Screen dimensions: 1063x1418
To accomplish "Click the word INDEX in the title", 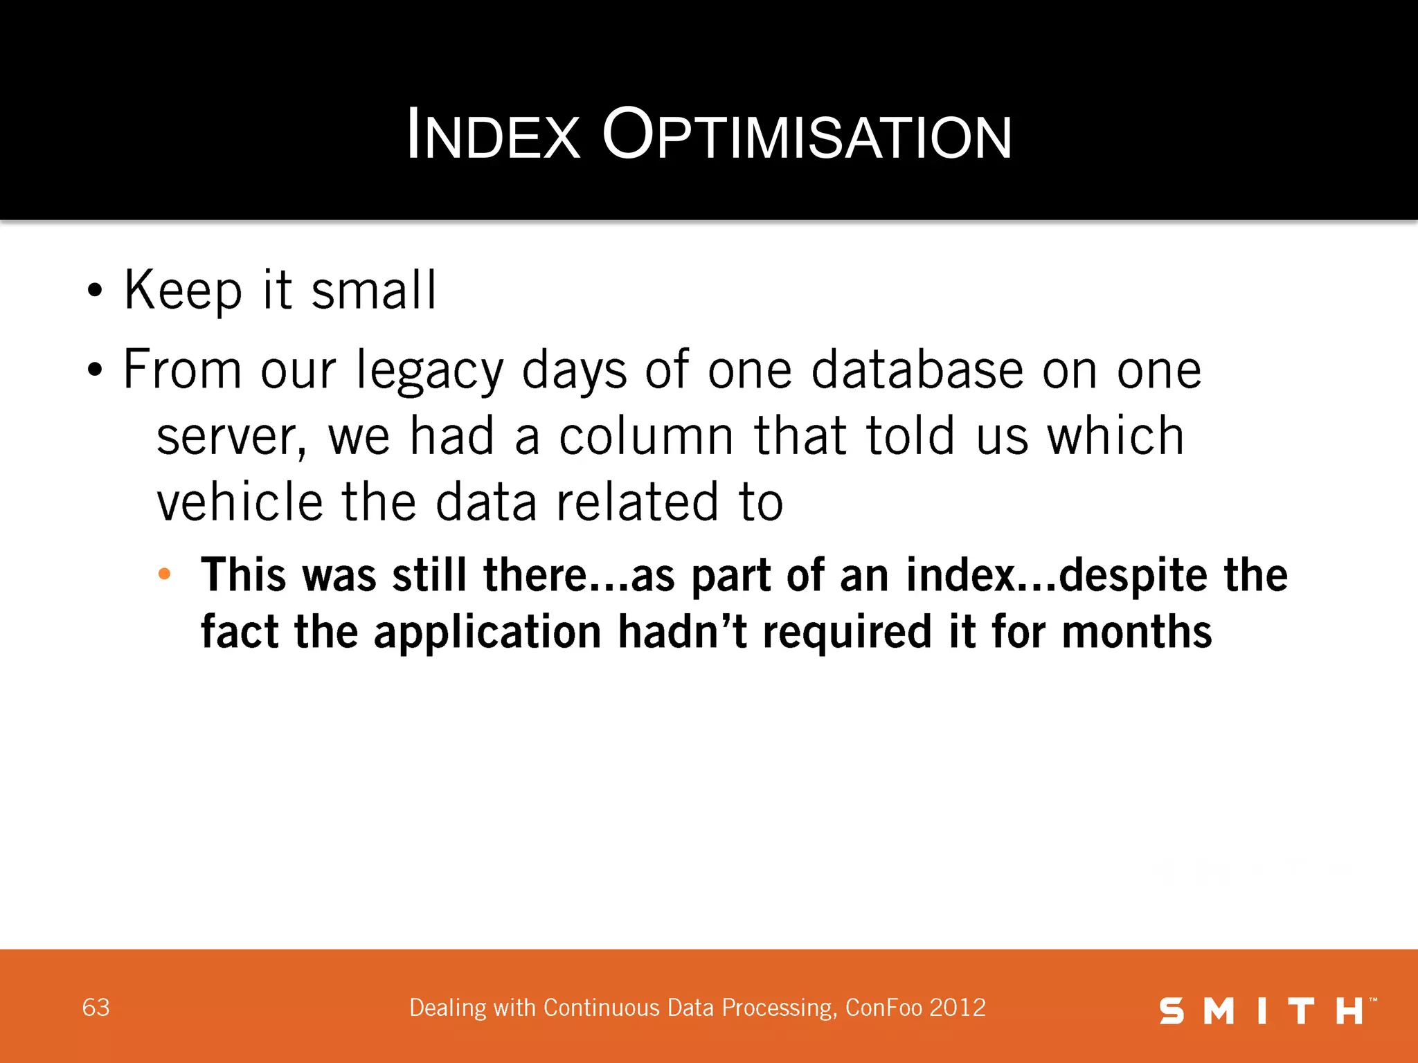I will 493,136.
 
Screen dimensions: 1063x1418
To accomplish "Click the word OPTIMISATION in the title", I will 807,136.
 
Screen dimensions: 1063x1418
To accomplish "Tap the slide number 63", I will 96,1008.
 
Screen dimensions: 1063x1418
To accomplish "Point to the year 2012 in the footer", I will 958,1008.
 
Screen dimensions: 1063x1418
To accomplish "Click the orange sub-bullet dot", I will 164,574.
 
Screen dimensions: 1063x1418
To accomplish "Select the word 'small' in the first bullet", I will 374,291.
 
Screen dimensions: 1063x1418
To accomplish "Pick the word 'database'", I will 917,370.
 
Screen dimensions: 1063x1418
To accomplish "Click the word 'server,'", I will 231,437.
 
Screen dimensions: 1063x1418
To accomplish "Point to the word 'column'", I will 646,436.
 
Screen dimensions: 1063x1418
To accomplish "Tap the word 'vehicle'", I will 240,502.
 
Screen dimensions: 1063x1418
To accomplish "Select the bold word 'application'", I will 487,633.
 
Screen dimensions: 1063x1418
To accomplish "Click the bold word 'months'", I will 1137,633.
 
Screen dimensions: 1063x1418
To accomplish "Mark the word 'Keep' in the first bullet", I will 183,291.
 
